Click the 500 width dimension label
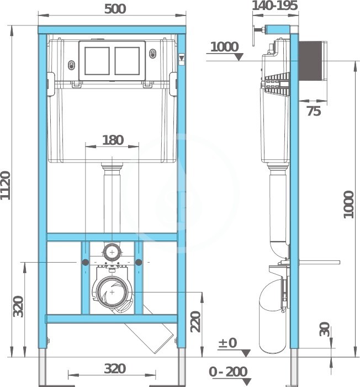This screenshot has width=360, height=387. click(x=115, y=9)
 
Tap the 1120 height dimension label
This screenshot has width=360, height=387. click(x=6, y=185)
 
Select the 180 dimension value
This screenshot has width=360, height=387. click(x=113, y=140)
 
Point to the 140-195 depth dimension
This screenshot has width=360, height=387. click(x=275, y=6)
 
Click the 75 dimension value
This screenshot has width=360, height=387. click(x=314, y=111)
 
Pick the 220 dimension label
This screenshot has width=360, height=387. click(x=196, y=322)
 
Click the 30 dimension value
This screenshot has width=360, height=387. click(x=325, y=329)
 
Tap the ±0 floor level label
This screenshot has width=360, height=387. click(x=227, y=343)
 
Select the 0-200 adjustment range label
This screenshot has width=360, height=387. click(x=228, y=372)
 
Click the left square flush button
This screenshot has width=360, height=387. click(x=97, y=61)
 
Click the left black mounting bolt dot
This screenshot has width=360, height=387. click(x=86, y=263)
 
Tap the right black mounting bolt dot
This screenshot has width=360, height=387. click(x=139, y=263)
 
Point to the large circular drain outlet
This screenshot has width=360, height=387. click(x=112, y=292)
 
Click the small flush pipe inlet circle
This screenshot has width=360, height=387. click(x=112, y=252)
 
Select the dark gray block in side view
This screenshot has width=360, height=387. click(x=310, y=61)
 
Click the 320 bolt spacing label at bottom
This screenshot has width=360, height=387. click(x=115, y=369)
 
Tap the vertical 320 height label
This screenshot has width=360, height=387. click(x=18, y=306)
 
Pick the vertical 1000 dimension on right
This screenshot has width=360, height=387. click(x=348, y=205)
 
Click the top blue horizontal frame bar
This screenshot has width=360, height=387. click(x=112, y=30)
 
